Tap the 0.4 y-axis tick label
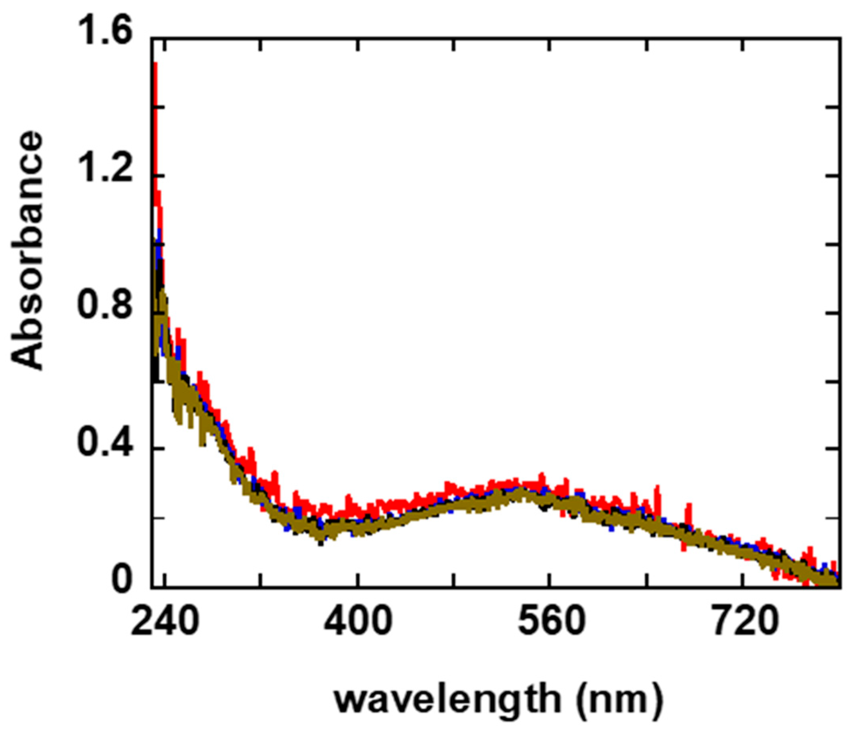[105, 449]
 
